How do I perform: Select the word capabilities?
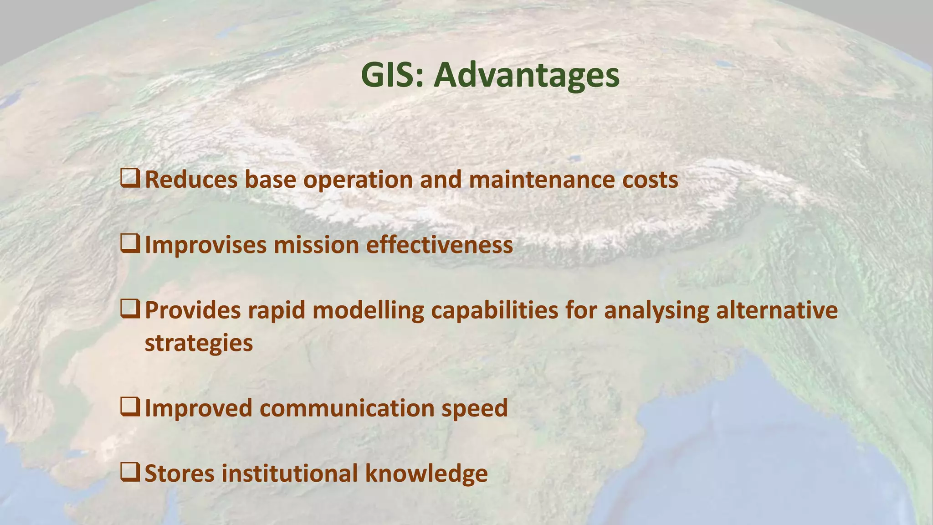494,311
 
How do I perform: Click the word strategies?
199,343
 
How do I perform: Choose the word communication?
347,408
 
